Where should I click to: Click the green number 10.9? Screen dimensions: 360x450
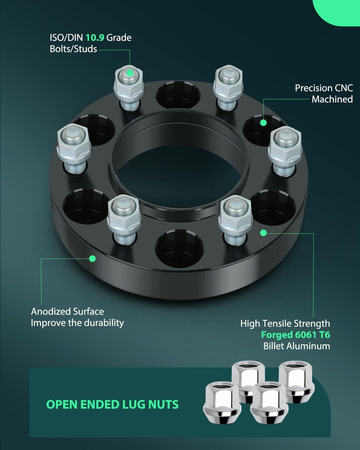[x=95, y=37]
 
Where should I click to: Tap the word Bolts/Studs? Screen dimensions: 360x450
[x=73, y=49]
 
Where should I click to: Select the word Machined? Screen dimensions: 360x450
[x=332, y=99]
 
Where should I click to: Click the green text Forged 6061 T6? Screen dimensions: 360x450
[x=295, y=335]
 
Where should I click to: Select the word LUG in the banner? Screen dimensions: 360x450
[x=134, y=404]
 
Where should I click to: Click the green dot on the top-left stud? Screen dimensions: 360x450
[x=130, y=73]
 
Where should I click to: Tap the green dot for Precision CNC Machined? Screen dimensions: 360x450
[x=263, y=122]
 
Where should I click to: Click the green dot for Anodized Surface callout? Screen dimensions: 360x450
[x=92, y=259]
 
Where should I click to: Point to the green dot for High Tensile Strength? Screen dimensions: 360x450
[x=263, y=232]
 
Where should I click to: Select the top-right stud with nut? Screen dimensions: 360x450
[x=228, y=88]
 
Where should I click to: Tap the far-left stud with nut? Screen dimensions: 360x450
[x=74, y=149]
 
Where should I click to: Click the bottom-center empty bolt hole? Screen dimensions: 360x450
[x=179, y=248]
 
